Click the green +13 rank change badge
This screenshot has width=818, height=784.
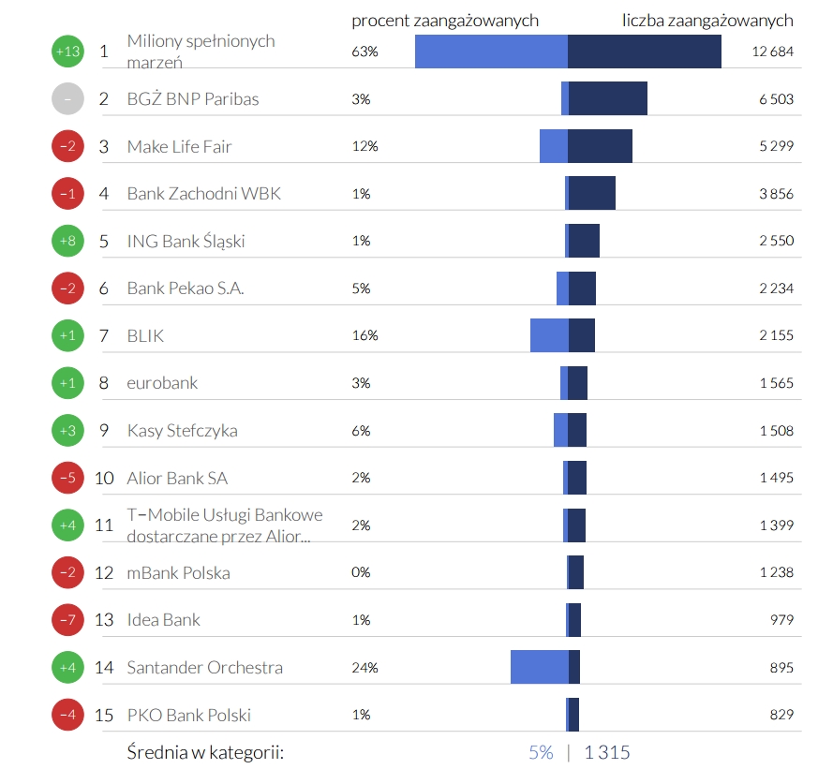point(67,52)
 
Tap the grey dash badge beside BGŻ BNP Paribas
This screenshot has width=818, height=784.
point(67,98)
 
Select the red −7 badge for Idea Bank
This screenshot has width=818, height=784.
point(67,620)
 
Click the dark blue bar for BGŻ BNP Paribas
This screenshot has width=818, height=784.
point(607,98)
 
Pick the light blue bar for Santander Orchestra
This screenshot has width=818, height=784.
point(539,667)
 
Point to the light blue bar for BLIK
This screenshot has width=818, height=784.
point(549,335)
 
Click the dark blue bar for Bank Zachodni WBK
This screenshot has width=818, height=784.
point(591,193)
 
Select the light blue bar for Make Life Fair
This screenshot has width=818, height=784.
point(554,146)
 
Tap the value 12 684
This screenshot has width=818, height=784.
point(772,52)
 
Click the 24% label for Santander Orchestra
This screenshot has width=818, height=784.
point(364,668)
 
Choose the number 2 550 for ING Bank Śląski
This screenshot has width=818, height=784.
point(776,241)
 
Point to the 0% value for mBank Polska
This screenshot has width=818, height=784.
point(361,572)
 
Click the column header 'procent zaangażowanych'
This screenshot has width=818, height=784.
point(445,21)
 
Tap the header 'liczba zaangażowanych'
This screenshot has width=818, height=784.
point(707,21)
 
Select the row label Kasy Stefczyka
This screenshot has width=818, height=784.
point(182,431)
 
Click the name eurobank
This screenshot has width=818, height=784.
point(162,383)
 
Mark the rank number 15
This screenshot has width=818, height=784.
point(104,716)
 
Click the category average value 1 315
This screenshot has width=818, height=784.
point(607,752)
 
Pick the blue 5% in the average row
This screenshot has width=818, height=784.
point(541,752)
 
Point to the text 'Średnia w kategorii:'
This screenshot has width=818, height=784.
point(205,752)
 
